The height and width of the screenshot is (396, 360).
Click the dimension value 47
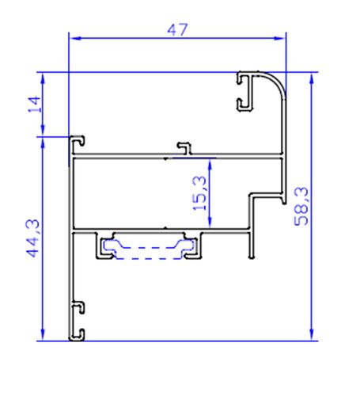(x=177, y=29)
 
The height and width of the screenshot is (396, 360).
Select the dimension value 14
(x=32, y=105)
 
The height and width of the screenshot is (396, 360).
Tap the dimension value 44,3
(x=32, y=238)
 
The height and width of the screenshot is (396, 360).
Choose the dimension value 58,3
(x=301, y=207)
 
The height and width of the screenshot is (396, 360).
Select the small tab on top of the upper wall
(x=184, y=147)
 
